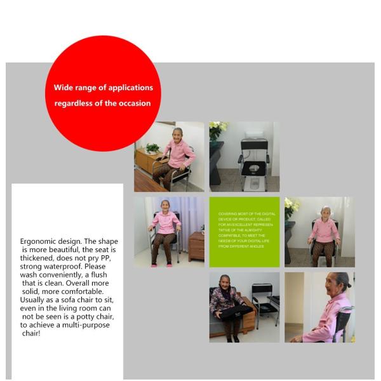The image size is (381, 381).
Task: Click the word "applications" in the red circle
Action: [130, 88]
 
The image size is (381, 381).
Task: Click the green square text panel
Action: [244, 232]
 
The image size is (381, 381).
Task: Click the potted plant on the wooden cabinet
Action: [152, 148]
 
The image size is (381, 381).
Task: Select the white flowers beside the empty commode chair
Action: [218, 129]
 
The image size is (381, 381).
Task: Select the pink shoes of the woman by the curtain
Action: [161, 263]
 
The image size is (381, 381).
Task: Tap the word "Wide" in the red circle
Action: [63, 88]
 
